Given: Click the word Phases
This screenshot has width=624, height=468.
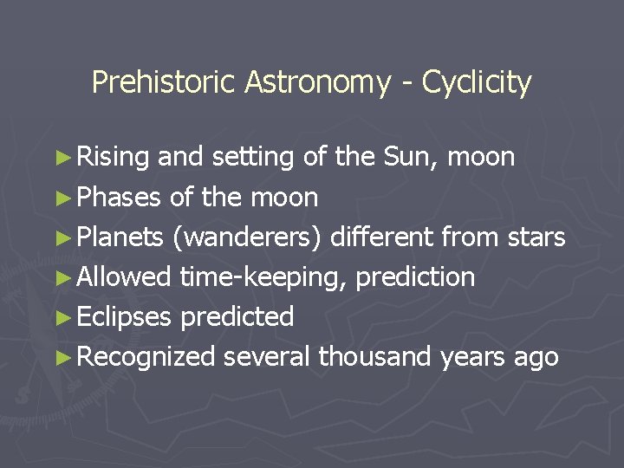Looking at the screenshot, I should pyautogui.click(x=120, y=198).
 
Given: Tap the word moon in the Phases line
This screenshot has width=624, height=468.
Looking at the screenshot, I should pyautogui.click(x=283, y=198).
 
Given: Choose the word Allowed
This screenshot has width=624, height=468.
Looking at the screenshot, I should pyautogui.click(x=125, y=276).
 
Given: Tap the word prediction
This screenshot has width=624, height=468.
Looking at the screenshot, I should pyautogui.click(x=416, y=277).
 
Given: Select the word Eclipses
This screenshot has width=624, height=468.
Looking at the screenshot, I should pyautogui.click(x=125, y=316).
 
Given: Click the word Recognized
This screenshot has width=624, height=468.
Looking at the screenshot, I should pyautogui.click(x=146, y=356).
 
